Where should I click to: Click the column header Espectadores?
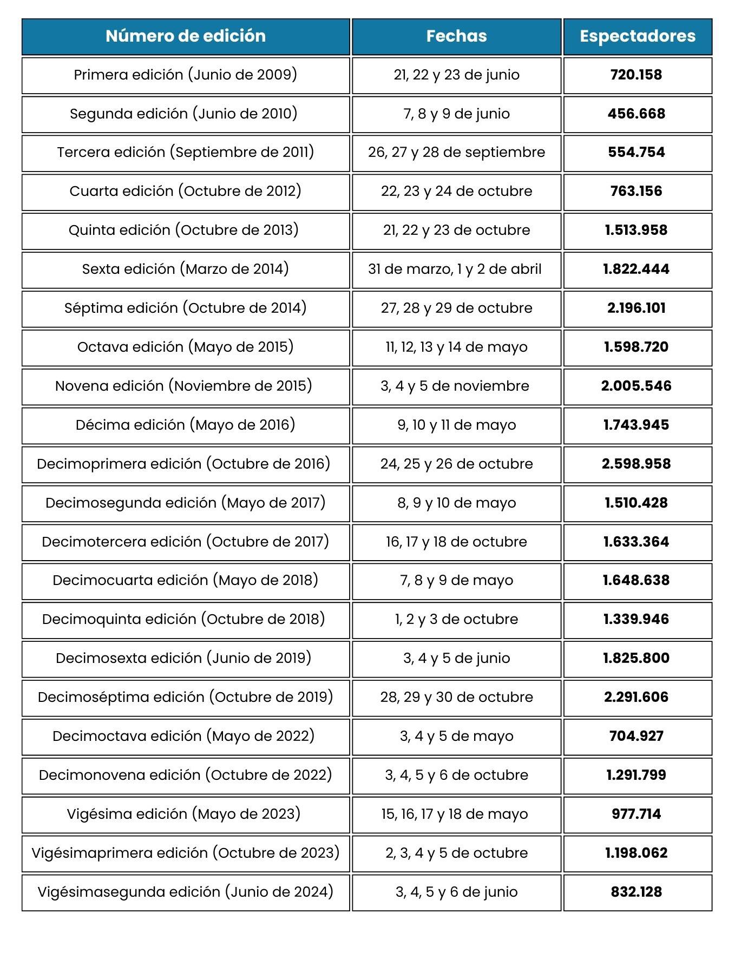point(637,36)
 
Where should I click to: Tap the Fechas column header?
point(456,36)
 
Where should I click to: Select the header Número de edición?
point(186,36)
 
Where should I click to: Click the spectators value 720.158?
point(636,75)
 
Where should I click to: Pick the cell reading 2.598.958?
point(636,464)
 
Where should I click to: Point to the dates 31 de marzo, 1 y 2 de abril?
point(455,269)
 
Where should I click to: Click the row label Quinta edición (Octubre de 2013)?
point(183,230)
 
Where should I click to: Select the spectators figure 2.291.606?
point(636,697)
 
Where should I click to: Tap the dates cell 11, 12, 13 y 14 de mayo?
point(456,347)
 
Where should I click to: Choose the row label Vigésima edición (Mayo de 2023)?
point(183,814)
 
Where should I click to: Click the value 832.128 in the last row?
point(636,892)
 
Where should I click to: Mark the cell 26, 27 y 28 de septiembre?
point(456,152)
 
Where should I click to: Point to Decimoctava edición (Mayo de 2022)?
point(183,736)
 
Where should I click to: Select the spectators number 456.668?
point(636,114)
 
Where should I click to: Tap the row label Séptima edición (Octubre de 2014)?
point(185,308)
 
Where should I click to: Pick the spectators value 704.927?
point(636,736)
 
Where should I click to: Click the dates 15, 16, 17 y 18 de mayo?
point(455,814)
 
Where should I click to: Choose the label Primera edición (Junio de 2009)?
point(185,75)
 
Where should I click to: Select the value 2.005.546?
point(636,386)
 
